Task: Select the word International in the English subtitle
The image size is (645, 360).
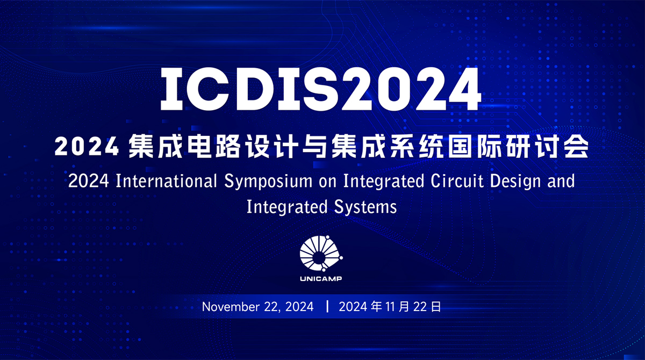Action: click(x=166, y=181)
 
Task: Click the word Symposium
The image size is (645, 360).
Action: click(x=268, y=182)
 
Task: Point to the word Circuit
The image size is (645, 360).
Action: click(x=457, y=181)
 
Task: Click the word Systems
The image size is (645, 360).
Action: click(x=365, y=207)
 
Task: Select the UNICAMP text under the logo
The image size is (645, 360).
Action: click(x=321, y=278)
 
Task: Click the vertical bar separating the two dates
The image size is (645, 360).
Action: click(x=327, y=306)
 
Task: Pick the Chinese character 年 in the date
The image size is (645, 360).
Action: click(x=377, y=307)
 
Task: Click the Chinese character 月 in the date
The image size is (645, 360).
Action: click(x=404, y=307)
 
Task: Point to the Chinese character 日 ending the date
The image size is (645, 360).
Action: click(x=435, y=307)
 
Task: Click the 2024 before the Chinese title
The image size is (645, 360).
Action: click(x=87, y=147)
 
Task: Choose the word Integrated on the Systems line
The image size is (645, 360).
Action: click(x=287, y=207)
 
